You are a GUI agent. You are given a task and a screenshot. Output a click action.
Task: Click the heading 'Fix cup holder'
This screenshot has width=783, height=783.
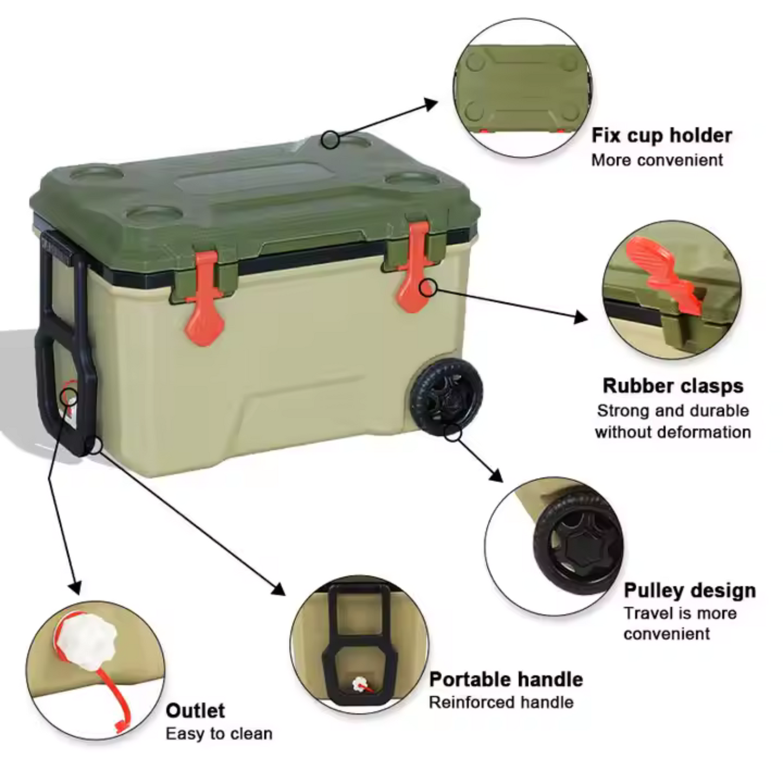pyautogui.click(x=661, y=135)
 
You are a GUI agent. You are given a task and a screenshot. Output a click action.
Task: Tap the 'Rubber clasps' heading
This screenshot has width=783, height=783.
pyautogui.click(x=673, y=386)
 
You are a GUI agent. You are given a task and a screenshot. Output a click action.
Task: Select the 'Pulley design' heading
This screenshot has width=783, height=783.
pyautogui.click(x=689, y=590)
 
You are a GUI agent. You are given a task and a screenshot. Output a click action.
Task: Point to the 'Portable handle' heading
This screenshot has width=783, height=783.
pyautogui.click(x=506, y=680)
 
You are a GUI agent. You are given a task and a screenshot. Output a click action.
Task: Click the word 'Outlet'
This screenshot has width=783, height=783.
pyautogui.click(x=195, y=711)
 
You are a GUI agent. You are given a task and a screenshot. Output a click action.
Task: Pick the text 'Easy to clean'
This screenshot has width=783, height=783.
pyautogui.click(x=219, y=734)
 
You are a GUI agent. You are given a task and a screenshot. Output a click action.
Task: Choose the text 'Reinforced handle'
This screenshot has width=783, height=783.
pyautogui.click(x=501, y=702)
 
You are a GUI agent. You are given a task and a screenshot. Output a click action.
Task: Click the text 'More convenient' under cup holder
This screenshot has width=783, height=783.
pyautogui.click(x=657, y=160)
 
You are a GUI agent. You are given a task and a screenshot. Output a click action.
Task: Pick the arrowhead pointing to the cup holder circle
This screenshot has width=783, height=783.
pyautogui.click(x=431, y=103)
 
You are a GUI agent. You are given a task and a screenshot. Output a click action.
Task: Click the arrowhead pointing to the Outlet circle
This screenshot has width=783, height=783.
pyautogui.click(x=75, y=588)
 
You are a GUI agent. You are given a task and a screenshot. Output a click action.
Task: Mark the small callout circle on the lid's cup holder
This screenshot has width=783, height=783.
pyautogui.click(x=330, y=140)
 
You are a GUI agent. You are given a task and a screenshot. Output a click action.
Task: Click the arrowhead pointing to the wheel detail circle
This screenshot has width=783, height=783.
pyautogui.click(x=496, y=476)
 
